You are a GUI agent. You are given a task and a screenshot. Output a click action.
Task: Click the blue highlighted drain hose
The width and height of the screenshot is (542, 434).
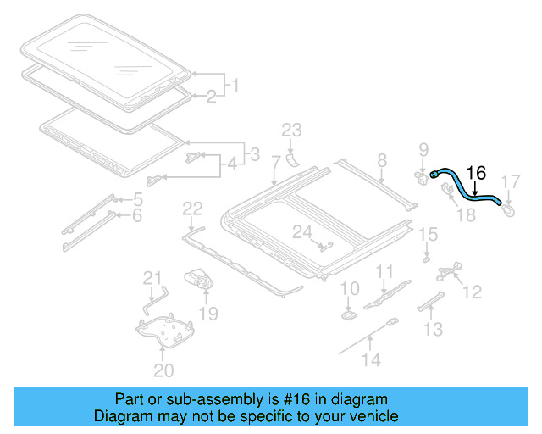464,186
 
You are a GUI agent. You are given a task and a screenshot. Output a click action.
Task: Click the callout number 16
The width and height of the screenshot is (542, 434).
477,173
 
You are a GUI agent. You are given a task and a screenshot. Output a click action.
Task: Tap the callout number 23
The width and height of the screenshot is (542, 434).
291,130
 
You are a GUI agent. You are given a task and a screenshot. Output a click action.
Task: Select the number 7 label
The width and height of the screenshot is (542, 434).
275,161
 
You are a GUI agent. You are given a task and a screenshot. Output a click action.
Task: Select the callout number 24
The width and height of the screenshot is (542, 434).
302,231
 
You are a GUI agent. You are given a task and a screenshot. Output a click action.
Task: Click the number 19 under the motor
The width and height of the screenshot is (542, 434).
207,314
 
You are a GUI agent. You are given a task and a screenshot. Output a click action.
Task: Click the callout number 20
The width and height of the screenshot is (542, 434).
163,370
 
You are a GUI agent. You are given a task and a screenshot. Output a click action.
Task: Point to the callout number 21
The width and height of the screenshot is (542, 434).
151,278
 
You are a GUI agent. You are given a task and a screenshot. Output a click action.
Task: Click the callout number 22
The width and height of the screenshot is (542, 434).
193,209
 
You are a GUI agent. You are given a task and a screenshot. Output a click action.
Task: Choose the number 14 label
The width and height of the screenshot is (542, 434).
372,359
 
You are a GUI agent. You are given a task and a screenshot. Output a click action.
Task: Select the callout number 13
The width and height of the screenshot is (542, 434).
433,329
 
